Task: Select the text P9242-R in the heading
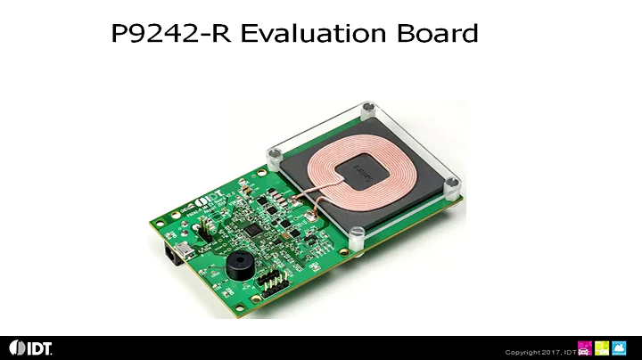[172, 34]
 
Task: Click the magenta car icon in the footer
[585, 348]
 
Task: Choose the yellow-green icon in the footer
[602, 348]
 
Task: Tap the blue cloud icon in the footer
[620, 348]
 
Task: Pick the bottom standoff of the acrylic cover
[358, 237]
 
